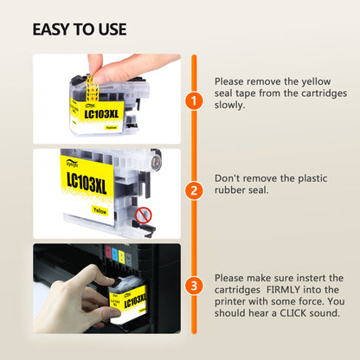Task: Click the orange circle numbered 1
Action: pos(194,100)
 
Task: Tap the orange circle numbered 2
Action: pos(194,190)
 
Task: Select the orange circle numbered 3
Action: pos(194,286)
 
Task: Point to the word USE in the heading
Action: pos(112,29)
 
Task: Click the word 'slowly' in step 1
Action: pos(229,106)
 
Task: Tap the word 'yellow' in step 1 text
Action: pos(316,82)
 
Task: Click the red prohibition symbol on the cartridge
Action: pos(144,215)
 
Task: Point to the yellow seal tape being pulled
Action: pos(92,88)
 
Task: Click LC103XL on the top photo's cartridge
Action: pos(101,113)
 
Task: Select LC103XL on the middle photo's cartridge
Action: pos(87,182)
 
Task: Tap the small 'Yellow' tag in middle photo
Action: pos(100,210)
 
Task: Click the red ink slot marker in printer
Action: pos(108,252)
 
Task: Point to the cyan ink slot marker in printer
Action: pos(115,254)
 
